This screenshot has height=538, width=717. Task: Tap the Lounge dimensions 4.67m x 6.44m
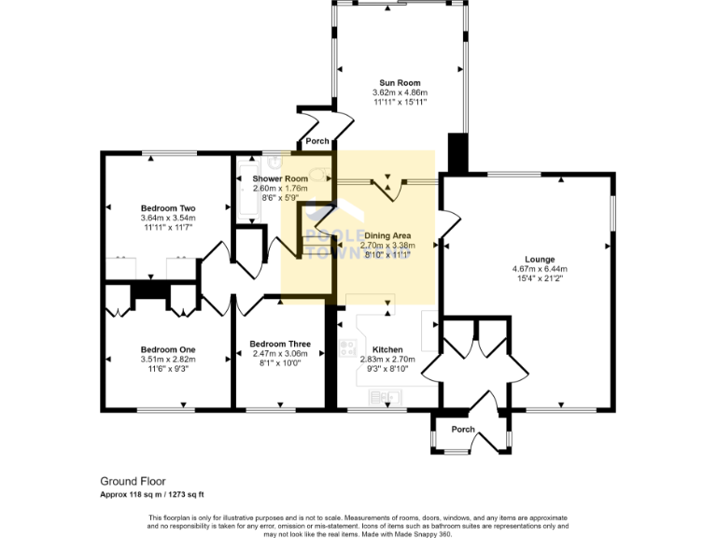point(540,269)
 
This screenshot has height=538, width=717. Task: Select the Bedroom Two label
point(168,207)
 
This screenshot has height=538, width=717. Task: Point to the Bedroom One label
point(168,349)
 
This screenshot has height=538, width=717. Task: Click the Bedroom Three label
point(280,344)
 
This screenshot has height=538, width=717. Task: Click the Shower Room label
point(280,178)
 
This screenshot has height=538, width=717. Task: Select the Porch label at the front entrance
point(463,430)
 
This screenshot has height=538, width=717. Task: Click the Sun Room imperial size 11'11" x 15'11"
point(400,102)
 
